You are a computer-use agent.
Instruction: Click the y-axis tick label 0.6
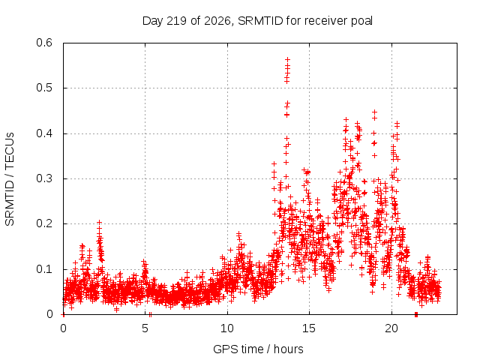point(44,43)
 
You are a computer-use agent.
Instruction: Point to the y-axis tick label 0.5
point(44,88)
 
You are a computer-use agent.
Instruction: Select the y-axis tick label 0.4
point(44,133)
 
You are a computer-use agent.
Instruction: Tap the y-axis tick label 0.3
point(44,178)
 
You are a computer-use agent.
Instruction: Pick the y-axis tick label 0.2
point(44,223)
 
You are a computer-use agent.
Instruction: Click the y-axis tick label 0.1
point(44,269)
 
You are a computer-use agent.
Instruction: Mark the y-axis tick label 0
point(49,314)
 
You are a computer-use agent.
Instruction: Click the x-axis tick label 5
point(145,328)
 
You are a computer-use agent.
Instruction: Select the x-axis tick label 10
point(226,328)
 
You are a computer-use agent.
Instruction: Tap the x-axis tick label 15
point(309,328)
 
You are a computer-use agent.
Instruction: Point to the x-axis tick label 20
point(391,328)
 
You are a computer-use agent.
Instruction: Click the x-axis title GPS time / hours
point(258,349)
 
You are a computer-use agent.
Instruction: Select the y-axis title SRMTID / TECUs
point(10,179)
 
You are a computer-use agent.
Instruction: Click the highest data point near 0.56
point(287,59)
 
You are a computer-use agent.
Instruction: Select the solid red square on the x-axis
point(416,314)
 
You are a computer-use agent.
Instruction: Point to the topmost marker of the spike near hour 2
point(99,222)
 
